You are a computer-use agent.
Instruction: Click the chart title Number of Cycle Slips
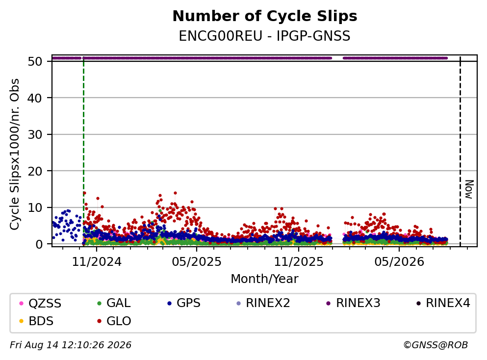(265, 16)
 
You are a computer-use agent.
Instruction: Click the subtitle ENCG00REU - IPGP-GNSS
(265, 36)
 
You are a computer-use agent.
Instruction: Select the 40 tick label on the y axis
(35, 98)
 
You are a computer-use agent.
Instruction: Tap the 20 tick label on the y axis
(35, 171)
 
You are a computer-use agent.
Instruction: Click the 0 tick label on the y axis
(39, 244)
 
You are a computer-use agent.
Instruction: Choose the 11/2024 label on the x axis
(97, 262)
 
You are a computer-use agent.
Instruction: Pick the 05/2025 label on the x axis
(197, 262)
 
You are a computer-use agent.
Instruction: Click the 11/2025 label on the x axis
(299, 262)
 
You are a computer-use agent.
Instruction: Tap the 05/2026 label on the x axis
(399, 262)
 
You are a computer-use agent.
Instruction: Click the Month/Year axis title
(265, 279)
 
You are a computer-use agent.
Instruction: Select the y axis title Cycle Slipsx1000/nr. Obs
(15, 154)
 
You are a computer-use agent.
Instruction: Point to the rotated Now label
(469, 189)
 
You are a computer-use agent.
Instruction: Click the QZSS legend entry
(40, 303)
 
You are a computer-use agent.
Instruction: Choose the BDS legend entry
(36, 321)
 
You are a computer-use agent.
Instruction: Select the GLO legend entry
(114, 321)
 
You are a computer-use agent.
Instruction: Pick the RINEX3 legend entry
(354, 303)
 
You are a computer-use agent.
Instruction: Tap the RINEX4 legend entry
(443, 303)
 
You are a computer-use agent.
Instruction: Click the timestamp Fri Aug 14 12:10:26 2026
(71, 345)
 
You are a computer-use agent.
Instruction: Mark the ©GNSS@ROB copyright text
(436, 345)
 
